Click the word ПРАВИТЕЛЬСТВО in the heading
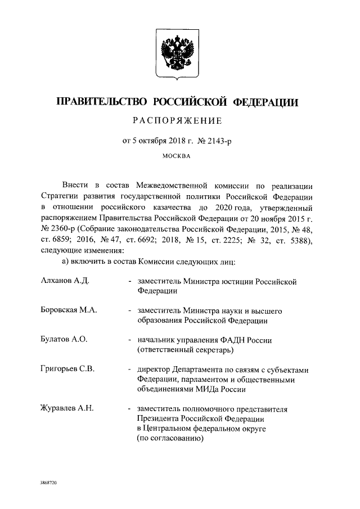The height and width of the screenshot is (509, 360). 101,102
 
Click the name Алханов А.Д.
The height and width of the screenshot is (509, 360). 65,280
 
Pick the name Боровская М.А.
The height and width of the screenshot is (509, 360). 69,310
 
